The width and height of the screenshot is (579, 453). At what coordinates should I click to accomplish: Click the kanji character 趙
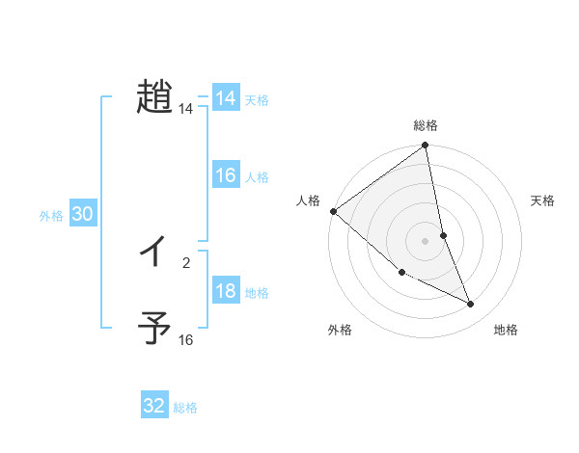pyautogui.click(x=154, y=97)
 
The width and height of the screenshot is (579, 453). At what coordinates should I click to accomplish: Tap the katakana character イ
pyautogui.click(x=154, y=252)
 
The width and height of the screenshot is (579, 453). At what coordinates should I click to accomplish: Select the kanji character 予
pyautogui.click(x=154, y=329)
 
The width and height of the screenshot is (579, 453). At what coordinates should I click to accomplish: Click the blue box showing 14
pyautogui.click(x=226, y=98)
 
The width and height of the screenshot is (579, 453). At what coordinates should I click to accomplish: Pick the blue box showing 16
pyautogui.click(x=226, y=175)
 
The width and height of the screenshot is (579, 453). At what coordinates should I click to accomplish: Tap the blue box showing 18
pyautogui.click(x=226, y=291)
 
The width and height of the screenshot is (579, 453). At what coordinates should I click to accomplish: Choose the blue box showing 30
pyautogui.click(x=82, y=214)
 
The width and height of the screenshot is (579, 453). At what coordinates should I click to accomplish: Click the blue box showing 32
pyautogui.click(x=154, y=406)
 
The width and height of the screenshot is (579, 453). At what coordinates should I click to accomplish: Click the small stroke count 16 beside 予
pyautogui.click(x=185, y=340)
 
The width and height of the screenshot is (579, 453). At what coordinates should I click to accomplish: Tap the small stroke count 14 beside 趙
pyautogui.click(x=185, y=110)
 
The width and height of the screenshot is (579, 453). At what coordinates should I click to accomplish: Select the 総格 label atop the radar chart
pyautogui.click(x=426, y=125)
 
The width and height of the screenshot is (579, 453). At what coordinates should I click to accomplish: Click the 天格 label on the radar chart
pyautogui.click(x=542, y=200)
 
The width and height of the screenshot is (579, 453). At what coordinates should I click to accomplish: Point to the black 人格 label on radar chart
pyautogui.click(x=309, y=200)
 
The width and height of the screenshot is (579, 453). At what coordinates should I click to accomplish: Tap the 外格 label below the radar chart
pyautogui.click(x=340, y=330)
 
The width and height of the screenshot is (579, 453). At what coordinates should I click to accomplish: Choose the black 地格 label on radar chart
pyautogui.click(x=506, y=330)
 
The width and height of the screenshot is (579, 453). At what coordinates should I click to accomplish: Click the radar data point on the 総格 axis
pyautogui.click(x=426, y=147)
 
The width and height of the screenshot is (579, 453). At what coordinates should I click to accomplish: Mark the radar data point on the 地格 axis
pyautogui.click(x=471, y=305)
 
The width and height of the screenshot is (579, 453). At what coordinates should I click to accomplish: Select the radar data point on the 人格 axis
pyautogui.click(x=333, y=211)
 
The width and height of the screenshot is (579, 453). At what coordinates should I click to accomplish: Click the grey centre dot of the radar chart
pyautogui.click(x=426, y=241)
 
